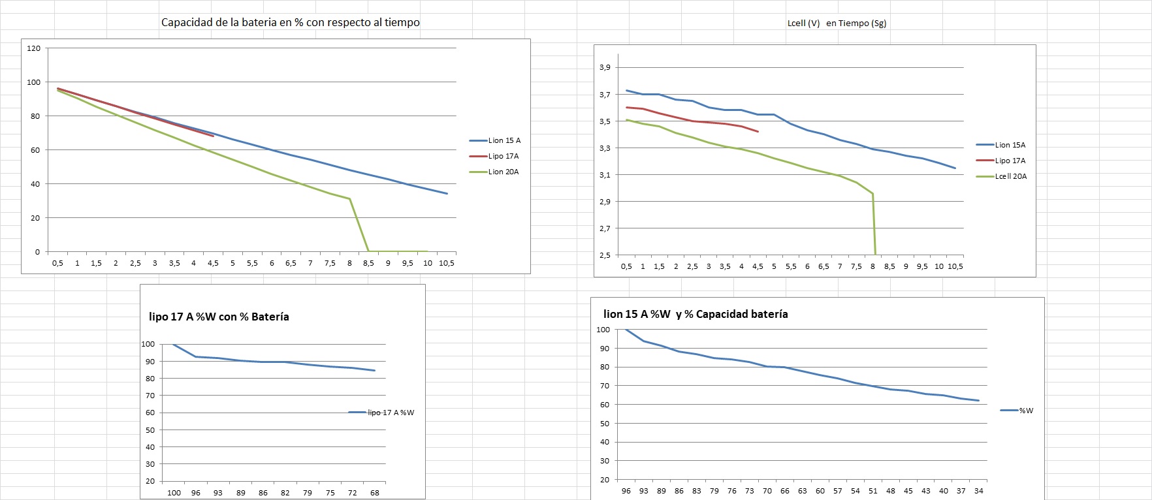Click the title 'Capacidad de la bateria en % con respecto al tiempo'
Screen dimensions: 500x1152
[290, 22]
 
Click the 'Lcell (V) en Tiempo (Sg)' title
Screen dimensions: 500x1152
[837, 23]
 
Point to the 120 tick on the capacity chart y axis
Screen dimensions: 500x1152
[34, 48]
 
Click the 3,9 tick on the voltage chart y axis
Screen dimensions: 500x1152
[605, 67]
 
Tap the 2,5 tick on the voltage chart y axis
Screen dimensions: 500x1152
[605, 255]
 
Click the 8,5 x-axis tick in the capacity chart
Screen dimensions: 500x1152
[368, 263]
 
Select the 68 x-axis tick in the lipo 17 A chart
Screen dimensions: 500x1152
[374, 493]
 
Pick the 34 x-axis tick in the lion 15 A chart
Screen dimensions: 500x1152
[978, 491]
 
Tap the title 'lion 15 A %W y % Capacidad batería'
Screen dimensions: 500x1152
[696, 314]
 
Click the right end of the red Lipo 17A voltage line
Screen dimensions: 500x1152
[758, 132]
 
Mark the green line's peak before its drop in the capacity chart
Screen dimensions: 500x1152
[350, 198]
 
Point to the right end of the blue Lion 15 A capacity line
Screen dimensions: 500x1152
[447, 193]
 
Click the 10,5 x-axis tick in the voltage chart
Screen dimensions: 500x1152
[955, 266]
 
